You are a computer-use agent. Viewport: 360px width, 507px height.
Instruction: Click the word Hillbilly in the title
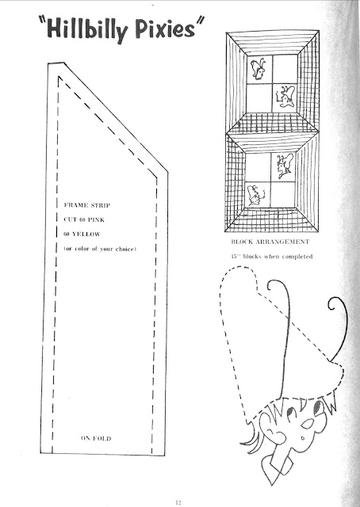coord(87,30)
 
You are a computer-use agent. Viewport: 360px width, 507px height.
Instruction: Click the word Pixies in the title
coord(165,29)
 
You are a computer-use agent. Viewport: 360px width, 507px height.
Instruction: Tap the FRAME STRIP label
coord(87,205)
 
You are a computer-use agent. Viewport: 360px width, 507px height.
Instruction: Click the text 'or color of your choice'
coord(100,249)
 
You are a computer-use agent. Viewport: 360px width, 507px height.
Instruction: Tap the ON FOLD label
coord(96,438)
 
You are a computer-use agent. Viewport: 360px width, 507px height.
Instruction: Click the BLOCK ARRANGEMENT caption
coord(270,242)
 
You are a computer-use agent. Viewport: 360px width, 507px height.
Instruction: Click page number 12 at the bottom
coord(178,502)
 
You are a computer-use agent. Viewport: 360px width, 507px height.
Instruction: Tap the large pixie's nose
coord(308,424)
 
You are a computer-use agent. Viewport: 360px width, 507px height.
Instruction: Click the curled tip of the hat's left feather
coord(271,285)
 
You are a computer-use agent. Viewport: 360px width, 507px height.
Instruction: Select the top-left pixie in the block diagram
coord(259,69)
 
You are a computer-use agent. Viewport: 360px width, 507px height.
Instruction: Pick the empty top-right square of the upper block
coord(285,69)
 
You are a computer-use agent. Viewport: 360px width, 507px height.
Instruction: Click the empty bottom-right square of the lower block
coord(282,195)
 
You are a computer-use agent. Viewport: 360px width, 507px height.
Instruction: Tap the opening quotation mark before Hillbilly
coord(41,21)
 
